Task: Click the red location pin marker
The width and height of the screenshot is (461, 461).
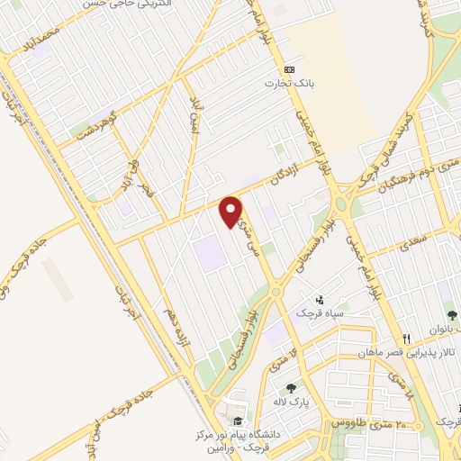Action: (232, 210)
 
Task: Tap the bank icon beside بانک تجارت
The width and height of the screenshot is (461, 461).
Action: (289, 69)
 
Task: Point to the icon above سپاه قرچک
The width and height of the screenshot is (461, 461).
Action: (319, 300)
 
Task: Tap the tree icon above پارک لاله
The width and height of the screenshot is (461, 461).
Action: (290, 388)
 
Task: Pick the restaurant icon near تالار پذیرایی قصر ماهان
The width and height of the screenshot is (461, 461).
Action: (407, 339)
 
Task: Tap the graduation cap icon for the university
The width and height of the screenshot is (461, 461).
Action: (237, 421)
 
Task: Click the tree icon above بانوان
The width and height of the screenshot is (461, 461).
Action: (452, 315)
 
